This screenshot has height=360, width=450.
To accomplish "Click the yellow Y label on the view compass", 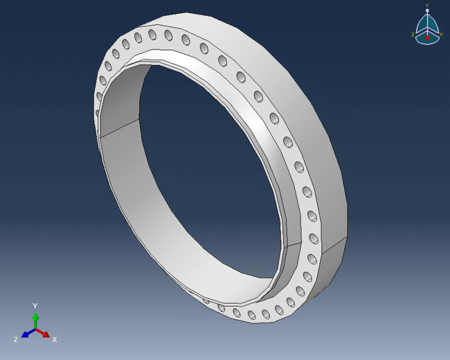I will click(x=427, y=6).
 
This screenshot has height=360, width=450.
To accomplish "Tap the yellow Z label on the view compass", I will click(x=413, y=34).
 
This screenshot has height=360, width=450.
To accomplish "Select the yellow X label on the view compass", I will click(x=441, y=34).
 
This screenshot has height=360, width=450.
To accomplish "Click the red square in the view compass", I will click(x=427, y=37).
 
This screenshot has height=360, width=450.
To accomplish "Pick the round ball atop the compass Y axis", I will click(x=427, y=10).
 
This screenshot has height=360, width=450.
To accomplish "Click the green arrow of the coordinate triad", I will click(x=35, y=319).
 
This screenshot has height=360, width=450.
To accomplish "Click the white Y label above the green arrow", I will click(x=35, y=305).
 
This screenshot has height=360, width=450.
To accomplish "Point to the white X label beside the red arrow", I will click(x=55, y=340).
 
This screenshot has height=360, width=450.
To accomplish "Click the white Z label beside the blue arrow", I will click(x=16, y=340).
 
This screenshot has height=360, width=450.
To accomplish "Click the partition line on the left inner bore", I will click(x=119, y=128).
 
